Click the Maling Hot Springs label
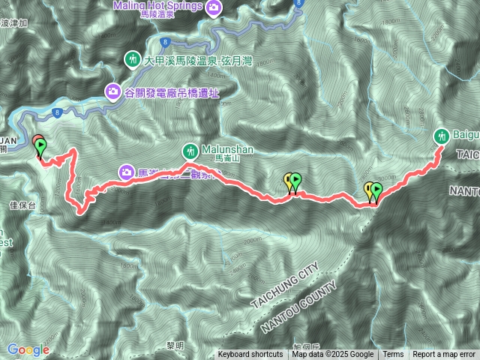pyautogui.click(x=158, y=7)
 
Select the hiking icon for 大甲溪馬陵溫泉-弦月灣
pyautogui.click(x=133, y=58)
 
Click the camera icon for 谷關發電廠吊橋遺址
pyautogui.click(x=114, y=91)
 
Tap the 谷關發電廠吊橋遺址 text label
pyautogui.click(x=172, y=91)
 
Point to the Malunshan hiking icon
pyautogui.click(x=191, y=149)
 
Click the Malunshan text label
pyautogui.click(x=228, y=149)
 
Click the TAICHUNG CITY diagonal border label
pyautogui.click(x=286, y=283)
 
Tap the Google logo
pyautogui.click(x=28, y=349)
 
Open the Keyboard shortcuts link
pyautogui.click(x=250, y=354)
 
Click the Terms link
pyautogui.click(x=393, y=354)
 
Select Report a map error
pyautogui.click(x=444, y=354)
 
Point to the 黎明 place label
pyautogui.click(x=175, y=346)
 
